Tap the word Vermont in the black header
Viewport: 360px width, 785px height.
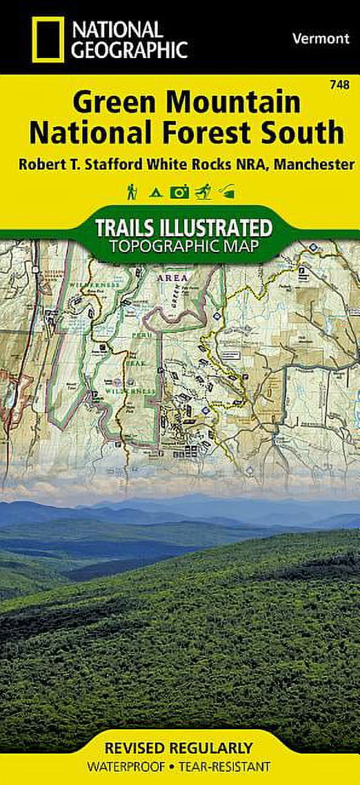click(x=321, y=38)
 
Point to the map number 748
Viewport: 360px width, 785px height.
click(x=341, y=85)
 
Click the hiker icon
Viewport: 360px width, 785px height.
click(x=132, y=193)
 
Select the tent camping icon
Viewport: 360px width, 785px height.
click(x=156, y=193)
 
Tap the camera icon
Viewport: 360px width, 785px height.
click(x=180, y=193)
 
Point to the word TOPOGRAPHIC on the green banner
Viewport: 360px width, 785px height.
click(x=159, y=246)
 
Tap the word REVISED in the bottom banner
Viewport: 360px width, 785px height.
click(x=137, y=747)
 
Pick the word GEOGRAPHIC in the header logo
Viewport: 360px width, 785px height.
click(x=130, y=49)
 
